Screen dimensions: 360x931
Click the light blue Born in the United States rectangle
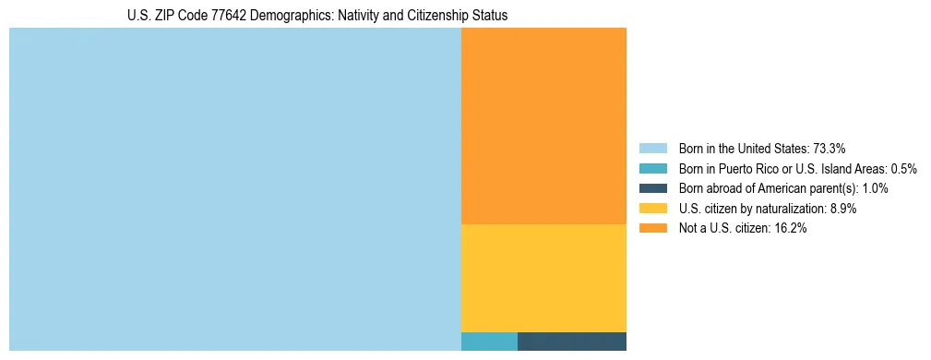pos(234,189)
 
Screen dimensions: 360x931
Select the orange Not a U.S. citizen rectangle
pos(543,126)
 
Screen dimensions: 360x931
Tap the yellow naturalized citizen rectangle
pos(543,278)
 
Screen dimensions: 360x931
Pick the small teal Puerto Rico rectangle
pos(489,342)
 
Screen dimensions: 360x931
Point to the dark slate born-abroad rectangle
pos(572,342)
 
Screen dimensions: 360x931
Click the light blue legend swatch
pos(652,149)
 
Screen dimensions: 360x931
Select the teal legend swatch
pos(652,169)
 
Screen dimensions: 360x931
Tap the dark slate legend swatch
pos(652,188)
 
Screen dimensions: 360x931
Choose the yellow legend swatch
pos(652,209)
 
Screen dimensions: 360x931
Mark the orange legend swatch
pos(652,229)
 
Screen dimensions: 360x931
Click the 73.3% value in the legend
pos(830,149)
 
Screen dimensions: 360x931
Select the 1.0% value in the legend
pos(875,188)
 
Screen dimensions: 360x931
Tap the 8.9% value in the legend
pos(843,209)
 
